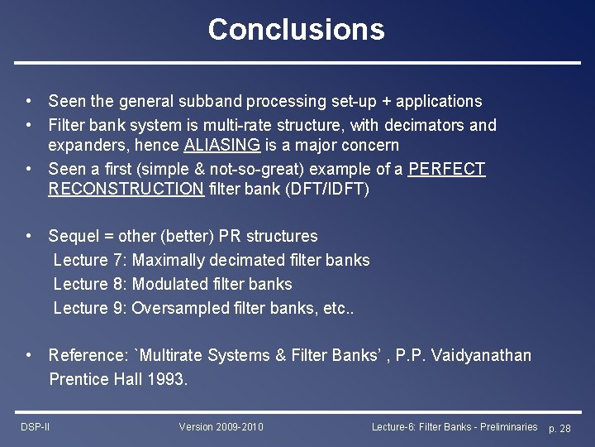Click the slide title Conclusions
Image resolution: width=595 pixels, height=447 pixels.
(296, 29)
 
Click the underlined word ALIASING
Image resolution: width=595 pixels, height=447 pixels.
(221, 146)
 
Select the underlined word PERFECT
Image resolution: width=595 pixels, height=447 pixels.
(447, 169)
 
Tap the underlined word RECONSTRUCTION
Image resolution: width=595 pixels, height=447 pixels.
(126, 189)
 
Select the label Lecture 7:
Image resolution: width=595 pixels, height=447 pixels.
(90, 260)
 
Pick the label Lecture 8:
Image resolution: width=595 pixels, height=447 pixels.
(90, 284)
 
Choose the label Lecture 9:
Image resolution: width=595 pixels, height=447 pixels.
(90, 308)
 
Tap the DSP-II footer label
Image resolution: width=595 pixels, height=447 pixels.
(36, 427)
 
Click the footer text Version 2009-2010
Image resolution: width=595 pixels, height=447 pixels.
(221, 427)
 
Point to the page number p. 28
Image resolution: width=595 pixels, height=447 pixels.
(559, 428)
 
